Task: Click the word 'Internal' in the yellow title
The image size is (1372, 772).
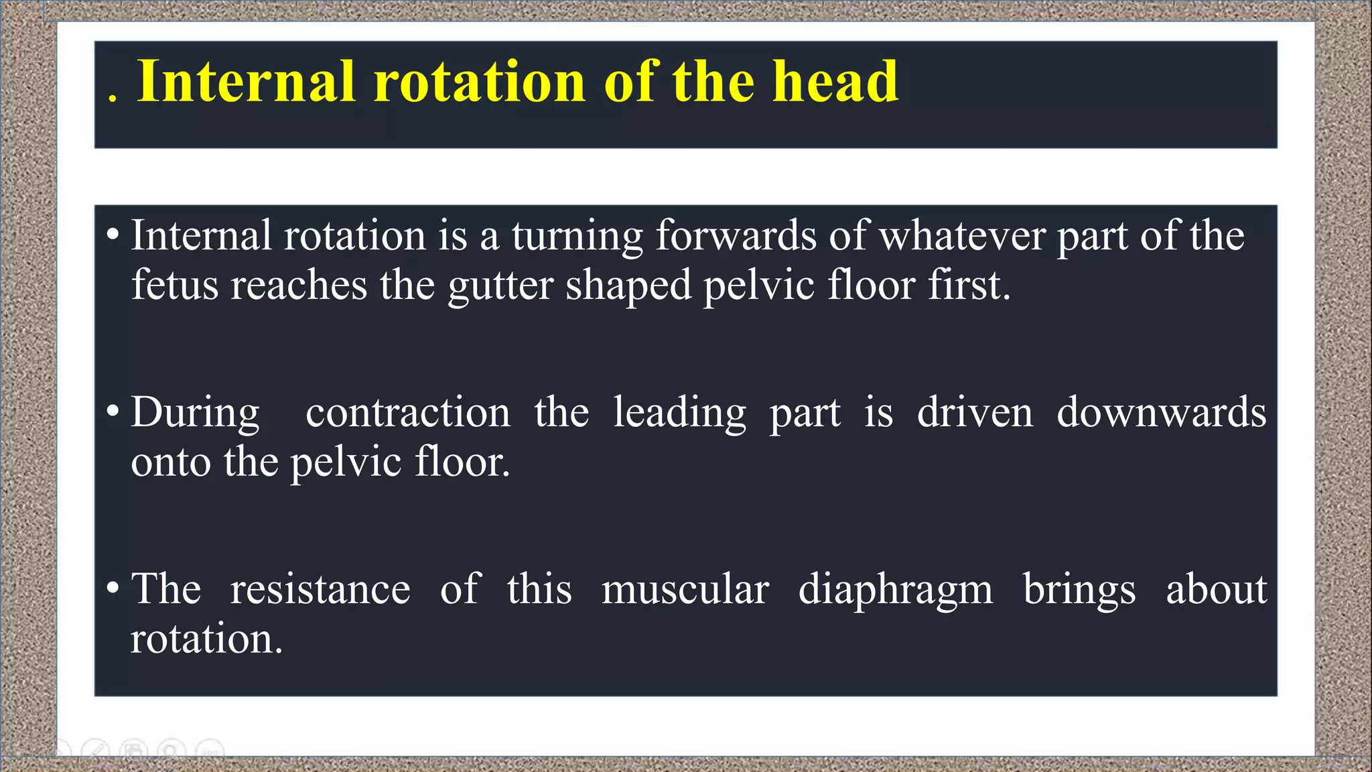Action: [x=245, y=82]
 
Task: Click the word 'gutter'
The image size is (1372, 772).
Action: [x=500, y=285]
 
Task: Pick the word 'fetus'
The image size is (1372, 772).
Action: [x=175, y=285]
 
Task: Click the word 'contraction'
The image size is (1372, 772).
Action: [x=407, y=412]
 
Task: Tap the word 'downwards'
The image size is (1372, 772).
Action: [x=1162, y=412]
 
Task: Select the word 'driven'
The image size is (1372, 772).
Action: [x=975, y=412]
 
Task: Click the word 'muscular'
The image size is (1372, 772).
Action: [x=685, y=590]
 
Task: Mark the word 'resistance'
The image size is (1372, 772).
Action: [x=320, y=590]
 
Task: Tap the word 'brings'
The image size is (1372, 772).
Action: [x=1079, y=590]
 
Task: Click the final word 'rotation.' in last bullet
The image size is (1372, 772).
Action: [x=206, y=639]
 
